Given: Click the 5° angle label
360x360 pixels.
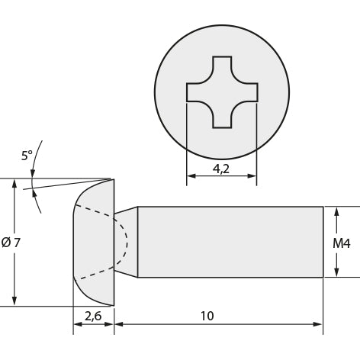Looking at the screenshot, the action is (x=27, y=156).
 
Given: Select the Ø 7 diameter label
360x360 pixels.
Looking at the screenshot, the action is (x=11, y=243).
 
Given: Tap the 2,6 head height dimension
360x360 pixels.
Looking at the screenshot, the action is (x=93, y=316).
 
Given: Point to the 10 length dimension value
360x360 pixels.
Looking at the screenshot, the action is (x=207, y=316).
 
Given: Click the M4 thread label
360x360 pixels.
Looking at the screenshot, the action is (x=342, y=243).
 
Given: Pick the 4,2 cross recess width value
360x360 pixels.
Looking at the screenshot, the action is (x=221, y=169).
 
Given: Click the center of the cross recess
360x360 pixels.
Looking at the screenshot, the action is (x=222, y=92).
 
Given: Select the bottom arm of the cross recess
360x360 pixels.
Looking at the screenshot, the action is (x=222, y=117).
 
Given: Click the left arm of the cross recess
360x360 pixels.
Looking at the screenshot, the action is (x=197, y=92).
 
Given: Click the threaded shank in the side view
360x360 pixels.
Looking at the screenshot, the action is (x=230, y=242).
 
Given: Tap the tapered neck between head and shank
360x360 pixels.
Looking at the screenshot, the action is (x=126, y=242).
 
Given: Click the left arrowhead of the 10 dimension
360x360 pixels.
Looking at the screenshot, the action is (x=119, y=324).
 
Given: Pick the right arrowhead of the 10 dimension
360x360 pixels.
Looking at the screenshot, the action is (x=317, y=324).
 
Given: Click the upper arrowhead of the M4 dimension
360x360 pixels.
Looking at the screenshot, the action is (x=336, y=211).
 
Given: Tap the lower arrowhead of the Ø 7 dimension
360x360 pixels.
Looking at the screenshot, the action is (x=14, y=301).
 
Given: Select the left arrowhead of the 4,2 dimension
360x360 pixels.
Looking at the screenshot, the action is (x=191, y=175).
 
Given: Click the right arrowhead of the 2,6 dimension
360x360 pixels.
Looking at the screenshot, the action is (x=109, y=324).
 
